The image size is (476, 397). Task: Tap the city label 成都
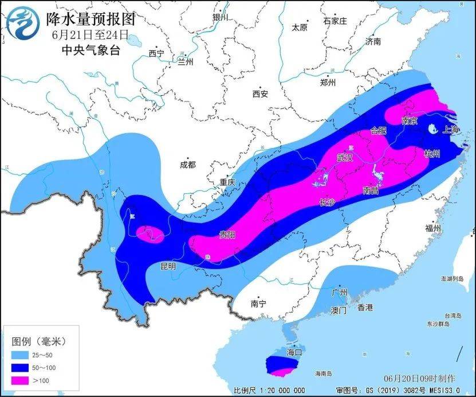pos(187,165)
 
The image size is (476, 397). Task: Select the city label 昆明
pos(168,266)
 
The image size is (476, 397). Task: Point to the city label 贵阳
pos(227,234)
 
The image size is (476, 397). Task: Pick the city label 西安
pos(260,94)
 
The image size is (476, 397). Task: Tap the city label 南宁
pos(259,303)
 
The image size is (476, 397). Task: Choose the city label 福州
pos(433,228)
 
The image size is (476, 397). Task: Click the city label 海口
pos(294,351)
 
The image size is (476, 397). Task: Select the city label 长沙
pos(326,202)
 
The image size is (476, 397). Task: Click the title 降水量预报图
pos(90,19)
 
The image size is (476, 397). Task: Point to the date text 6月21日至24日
pos(90,35)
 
